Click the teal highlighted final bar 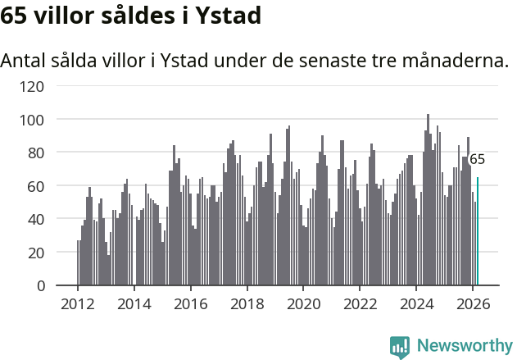478,231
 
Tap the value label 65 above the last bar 477,159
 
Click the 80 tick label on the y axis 36,153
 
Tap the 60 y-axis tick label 36,186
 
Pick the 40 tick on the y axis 36,219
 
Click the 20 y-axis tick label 36,253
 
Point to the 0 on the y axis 40,286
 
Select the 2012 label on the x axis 78,303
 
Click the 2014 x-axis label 134,303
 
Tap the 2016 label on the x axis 191,303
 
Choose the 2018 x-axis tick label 247,303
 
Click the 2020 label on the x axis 303,303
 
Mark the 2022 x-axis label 360,303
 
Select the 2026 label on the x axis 473,303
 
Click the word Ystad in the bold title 228,16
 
